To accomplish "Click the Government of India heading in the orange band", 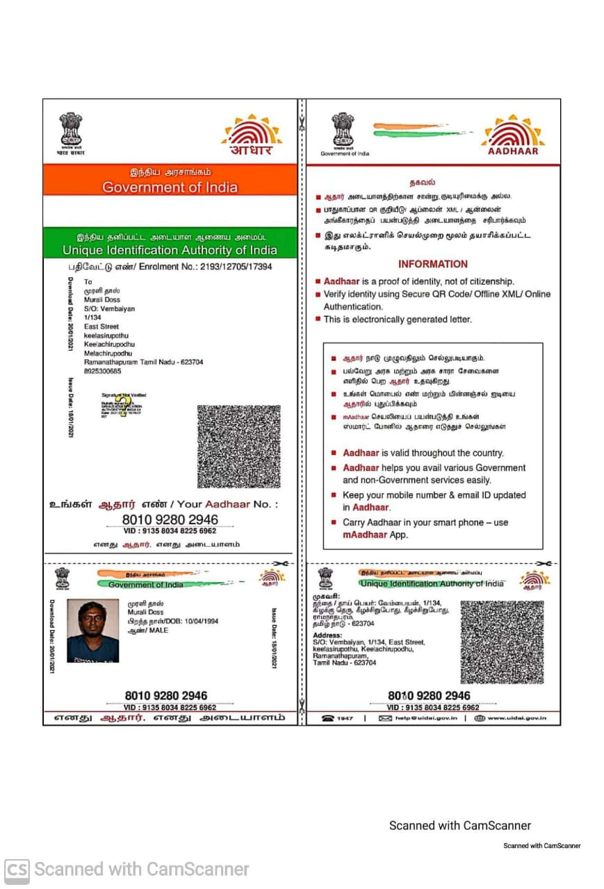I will pos(170,188).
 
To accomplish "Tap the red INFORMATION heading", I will pos(433,264).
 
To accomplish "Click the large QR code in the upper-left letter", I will pos(238,447).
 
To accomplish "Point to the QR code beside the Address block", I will pos(502,642).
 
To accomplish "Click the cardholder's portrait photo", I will pos(92,631).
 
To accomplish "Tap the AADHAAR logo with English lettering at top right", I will pos(513,135).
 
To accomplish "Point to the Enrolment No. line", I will pos(170,267).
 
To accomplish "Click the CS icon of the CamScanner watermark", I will pos(17,870).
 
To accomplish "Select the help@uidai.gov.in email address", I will pos(418,717).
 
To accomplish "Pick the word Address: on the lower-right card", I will pos(327,635).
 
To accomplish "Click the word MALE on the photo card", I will pos(158,630).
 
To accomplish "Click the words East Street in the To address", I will pos(101,326).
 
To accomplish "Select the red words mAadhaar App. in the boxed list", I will pos(375,535).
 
